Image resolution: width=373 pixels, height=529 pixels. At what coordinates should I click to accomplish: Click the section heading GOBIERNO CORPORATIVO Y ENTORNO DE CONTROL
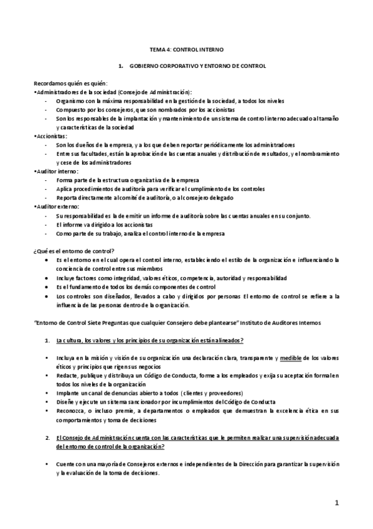click(196, 66)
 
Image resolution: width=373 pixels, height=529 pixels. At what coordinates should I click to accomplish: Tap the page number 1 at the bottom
click(336, 503)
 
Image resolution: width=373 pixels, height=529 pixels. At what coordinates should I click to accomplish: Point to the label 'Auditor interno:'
click(56, 171)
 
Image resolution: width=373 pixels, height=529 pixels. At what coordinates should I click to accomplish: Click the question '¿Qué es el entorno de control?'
click(73, 250)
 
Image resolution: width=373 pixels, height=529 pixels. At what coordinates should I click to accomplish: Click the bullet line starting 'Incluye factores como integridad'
click(171, 278)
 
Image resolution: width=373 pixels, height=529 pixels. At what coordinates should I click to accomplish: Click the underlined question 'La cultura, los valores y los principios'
click(149, 340)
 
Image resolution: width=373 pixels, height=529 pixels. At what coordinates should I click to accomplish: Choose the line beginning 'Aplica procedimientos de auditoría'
click(160, 188)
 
